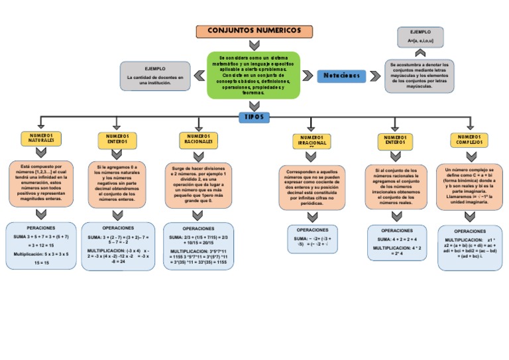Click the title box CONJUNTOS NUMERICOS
pyautogui.click(x=254, y=31)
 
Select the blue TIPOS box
pyautogui.click(x=254, y=117)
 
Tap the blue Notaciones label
pyautogui.click(x=343, y=76)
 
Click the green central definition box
pyautogui.click(x=254, y=75)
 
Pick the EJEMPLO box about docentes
pyautogui.click(x=155, y=77)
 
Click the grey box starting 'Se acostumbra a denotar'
pyautogui.click(x=420, y=76)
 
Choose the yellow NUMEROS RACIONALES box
pyautogui.click(x=199, y=139)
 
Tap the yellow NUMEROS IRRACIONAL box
pyautogui.click(x=311, y=141)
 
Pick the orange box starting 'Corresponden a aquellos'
pyautogui.click(x=311, y=188)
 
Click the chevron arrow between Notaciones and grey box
pyautogui.click(x=375, y=76)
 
